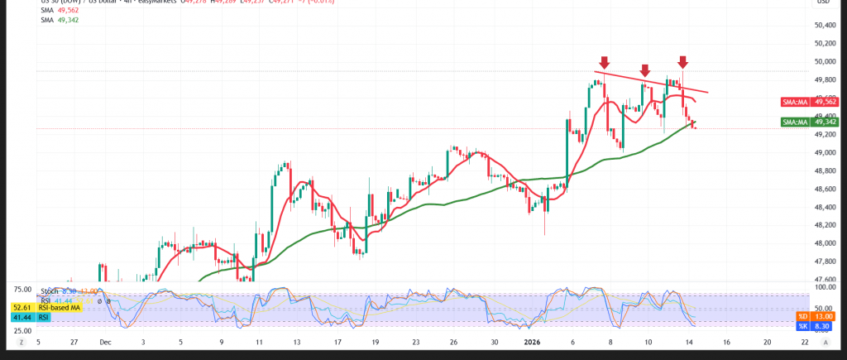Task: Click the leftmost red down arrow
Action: tap(605, 62)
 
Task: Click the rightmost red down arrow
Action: tap(683, 62)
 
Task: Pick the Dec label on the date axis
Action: tap(104, 340)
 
